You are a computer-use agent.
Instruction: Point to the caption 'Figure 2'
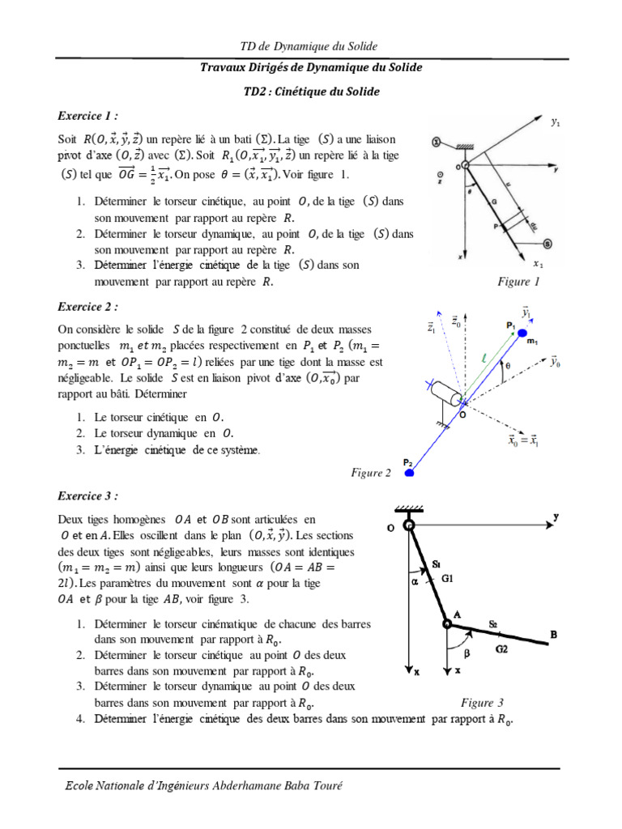tap(371, 473)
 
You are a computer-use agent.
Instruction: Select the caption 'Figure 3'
tap(483, 702)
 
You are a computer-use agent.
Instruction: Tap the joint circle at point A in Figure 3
tap(446, 623)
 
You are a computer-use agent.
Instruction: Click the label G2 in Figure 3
tap(502, 649)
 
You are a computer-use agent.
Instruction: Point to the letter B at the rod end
tap(554, 636)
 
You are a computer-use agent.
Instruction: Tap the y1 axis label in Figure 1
tap(556, 123)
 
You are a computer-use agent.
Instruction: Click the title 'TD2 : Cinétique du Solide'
tap(311, 92)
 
